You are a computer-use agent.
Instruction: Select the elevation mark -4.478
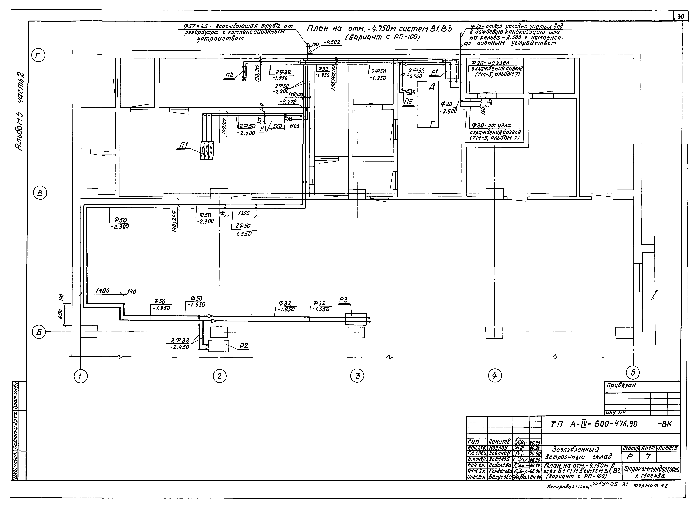click(x=288, y=102)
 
